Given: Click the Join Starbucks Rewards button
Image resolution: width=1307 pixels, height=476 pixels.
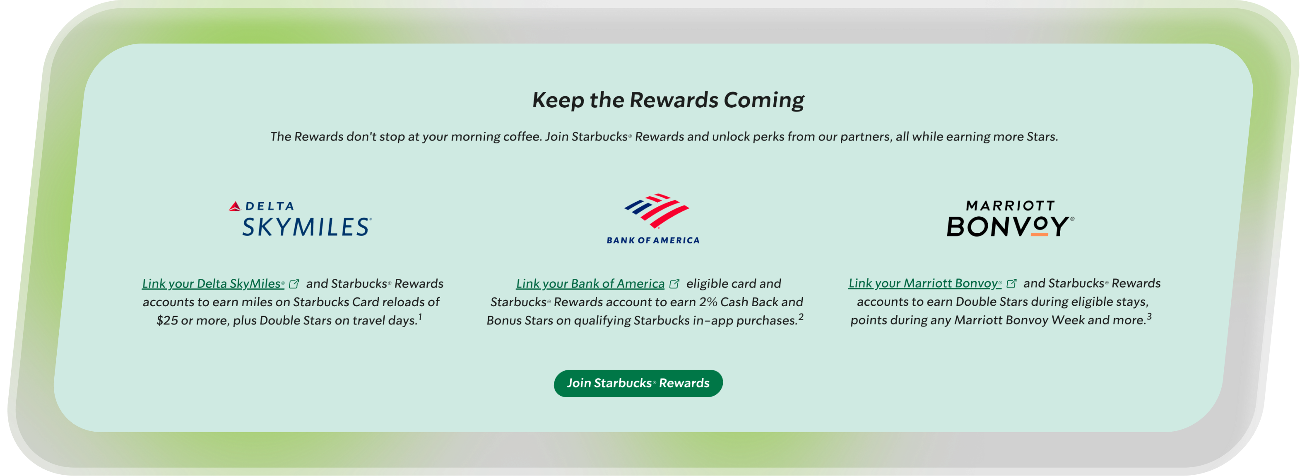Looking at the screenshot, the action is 638,383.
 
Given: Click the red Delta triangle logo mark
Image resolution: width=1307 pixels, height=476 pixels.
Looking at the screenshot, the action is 234,206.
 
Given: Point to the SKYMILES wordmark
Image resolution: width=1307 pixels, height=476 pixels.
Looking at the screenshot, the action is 306,227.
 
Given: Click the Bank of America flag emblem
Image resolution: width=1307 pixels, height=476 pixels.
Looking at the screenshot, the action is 657,210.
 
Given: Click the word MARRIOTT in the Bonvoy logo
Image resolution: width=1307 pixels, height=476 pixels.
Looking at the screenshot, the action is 1010,205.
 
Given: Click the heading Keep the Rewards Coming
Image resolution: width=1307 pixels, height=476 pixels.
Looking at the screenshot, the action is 668,100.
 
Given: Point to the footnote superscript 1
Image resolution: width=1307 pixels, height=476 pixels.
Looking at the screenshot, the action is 420,316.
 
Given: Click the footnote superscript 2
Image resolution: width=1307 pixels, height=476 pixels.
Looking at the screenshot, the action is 801,316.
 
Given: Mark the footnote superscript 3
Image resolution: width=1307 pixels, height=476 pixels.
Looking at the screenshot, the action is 1149,316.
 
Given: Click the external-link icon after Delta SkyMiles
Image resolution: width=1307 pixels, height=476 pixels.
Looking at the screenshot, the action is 294,284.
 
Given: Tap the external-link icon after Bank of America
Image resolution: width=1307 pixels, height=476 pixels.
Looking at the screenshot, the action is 674,284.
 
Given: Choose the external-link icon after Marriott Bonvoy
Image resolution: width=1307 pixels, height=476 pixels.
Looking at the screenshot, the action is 1011,283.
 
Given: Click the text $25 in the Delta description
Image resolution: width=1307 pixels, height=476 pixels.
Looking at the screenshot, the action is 167,320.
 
